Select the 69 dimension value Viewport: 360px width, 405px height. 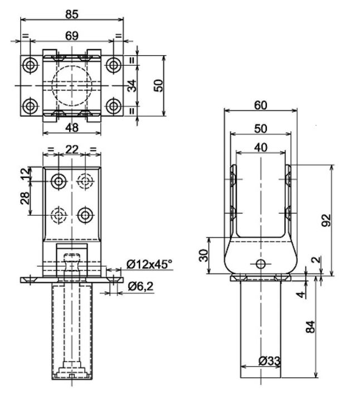click(x=71, y=35)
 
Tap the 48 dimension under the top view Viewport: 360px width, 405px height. click(x=71, y=127)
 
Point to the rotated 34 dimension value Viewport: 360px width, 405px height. click(x=131, y=85)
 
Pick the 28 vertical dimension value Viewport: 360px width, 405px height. click(x=25, y=198)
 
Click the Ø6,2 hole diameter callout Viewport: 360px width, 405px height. click(x=140, y=286)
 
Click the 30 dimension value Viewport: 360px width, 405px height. click(x=204, y=255)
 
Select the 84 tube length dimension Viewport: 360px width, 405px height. click(x=312, y=326)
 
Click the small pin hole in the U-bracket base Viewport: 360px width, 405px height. click(x=260, y=263)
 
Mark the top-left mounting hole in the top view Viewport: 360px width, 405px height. click(x=30, y=64)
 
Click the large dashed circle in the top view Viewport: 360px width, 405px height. click(x=71, y=85)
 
